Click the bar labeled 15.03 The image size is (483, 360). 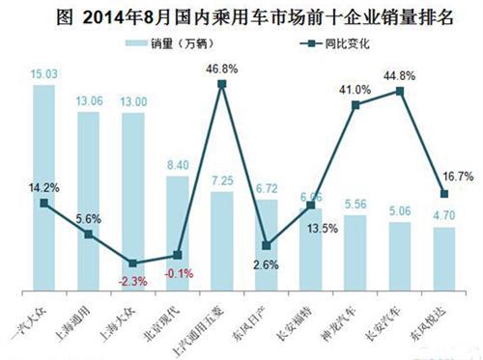coord(43,188)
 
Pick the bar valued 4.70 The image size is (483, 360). coord(445,259)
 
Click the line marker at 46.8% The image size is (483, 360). coord(222,85)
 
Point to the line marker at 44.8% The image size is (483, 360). coord(400,92)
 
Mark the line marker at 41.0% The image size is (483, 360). coord(356,105)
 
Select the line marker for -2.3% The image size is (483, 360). coord(133,263)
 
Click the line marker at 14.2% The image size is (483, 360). coord(43,204)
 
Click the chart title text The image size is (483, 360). coord(241,15)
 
